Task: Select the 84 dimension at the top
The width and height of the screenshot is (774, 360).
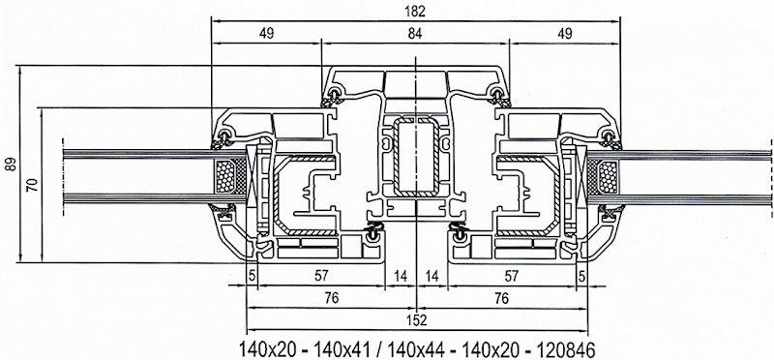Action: [x=415, y=34]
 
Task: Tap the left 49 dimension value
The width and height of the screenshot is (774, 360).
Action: [x=266, y=34]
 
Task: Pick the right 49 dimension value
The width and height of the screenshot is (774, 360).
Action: [x=565, y=34]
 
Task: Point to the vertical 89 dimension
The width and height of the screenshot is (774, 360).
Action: [x=11, y=164]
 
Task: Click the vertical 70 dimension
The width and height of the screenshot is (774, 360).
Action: [x=32, y=185]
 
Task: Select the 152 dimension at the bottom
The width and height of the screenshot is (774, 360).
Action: [x=417, y=320]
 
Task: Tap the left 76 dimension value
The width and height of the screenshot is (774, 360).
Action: [x=332, y=298]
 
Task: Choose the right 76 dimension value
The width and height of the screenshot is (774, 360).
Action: [x=501, y=298]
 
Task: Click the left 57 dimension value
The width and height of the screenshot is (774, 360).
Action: [x=321, y=276]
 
